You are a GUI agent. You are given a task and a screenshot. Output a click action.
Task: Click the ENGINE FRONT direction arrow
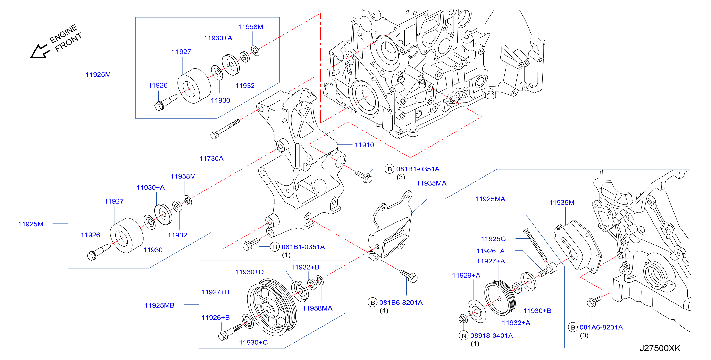[x=40, y=52]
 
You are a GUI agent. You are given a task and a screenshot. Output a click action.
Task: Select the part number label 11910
[x=364, y=145]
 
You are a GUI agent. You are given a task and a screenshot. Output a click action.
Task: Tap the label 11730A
[x=211, y=158]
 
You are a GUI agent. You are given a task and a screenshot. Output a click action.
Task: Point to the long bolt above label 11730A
[x=225, y=129]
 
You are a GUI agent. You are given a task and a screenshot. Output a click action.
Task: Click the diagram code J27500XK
[x=660, y=348]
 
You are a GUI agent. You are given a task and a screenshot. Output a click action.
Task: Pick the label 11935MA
[x=431, y=183]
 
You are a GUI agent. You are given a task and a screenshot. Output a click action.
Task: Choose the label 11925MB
[x=159, y=305]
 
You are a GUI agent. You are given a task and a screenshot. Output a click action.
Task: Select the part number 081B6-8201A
[x=401, y=302]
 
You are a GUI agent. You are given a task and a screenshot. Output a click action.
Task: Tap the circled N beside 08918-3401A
[x=464, y=335]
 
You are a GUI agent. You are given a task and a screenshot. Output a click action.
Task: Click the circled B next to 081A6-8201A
[x=573, y=327]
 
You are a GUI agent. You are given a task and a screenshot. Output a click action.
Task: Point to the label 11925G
[x=493, y=239]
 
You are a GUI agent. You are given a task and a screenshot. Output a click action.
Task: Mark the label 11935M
[x=561, y=202]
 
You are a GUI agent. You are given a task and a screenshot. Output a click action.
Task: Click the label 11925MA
[x=490, y=199]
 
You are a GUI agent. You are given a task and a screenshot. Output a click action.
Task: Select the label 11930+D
[x=249, y=272]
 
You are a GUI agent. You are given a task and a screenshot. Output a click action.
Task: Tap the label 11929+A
[x=466, y=275]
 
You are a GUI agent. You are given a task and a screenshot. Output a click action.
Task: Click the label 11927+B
[x=215, y=292]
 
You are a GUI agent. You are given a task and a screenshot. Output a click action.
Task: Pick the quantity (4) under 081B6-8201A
[x=384, y=310]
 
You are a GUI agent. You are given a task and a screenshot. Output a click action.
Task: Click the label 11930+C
[x=253, y=342]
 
